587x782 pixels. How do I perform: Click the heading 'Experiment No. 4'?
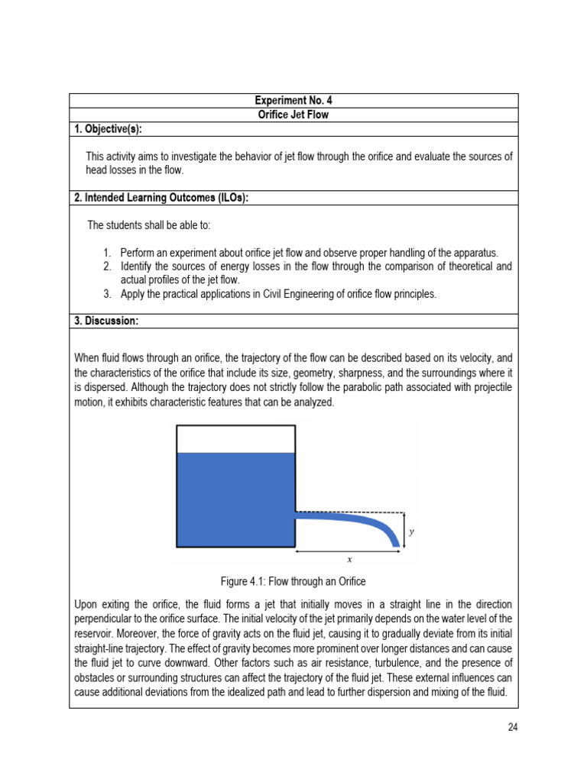click(x=293, y=101)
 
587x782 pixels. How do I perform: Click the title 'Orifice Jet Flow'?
click(x=293, y=115)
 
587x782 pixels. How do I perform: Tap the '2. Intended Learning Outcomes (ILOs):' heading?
click(x=161, y=198)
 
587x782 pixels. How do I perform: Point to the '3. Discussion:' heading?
click(x=106, y=322)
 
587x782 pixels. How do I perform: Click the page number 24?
click(x=513, y=726)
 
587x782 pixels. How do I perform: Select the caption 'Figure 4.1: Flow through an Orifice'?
click(x=293, y=582)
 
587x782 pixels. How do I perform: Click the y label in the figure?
click(x=412, y=532)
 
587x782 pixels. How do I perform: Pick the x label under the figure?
click(x=349, y=560)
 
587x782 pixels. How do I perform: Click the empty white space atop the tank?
click(x=235, y=439)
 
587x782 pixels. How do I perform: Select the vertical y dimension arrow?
click(x=403, y=529)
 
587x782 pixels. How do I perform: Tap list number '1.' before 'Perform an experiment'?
click(x=108, y=253)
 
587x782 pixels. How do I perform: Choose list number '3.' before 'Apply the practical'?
click(x=108, y=294)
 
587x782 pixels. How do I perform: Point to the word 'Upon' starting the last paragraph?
click(x=86, y=604)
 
